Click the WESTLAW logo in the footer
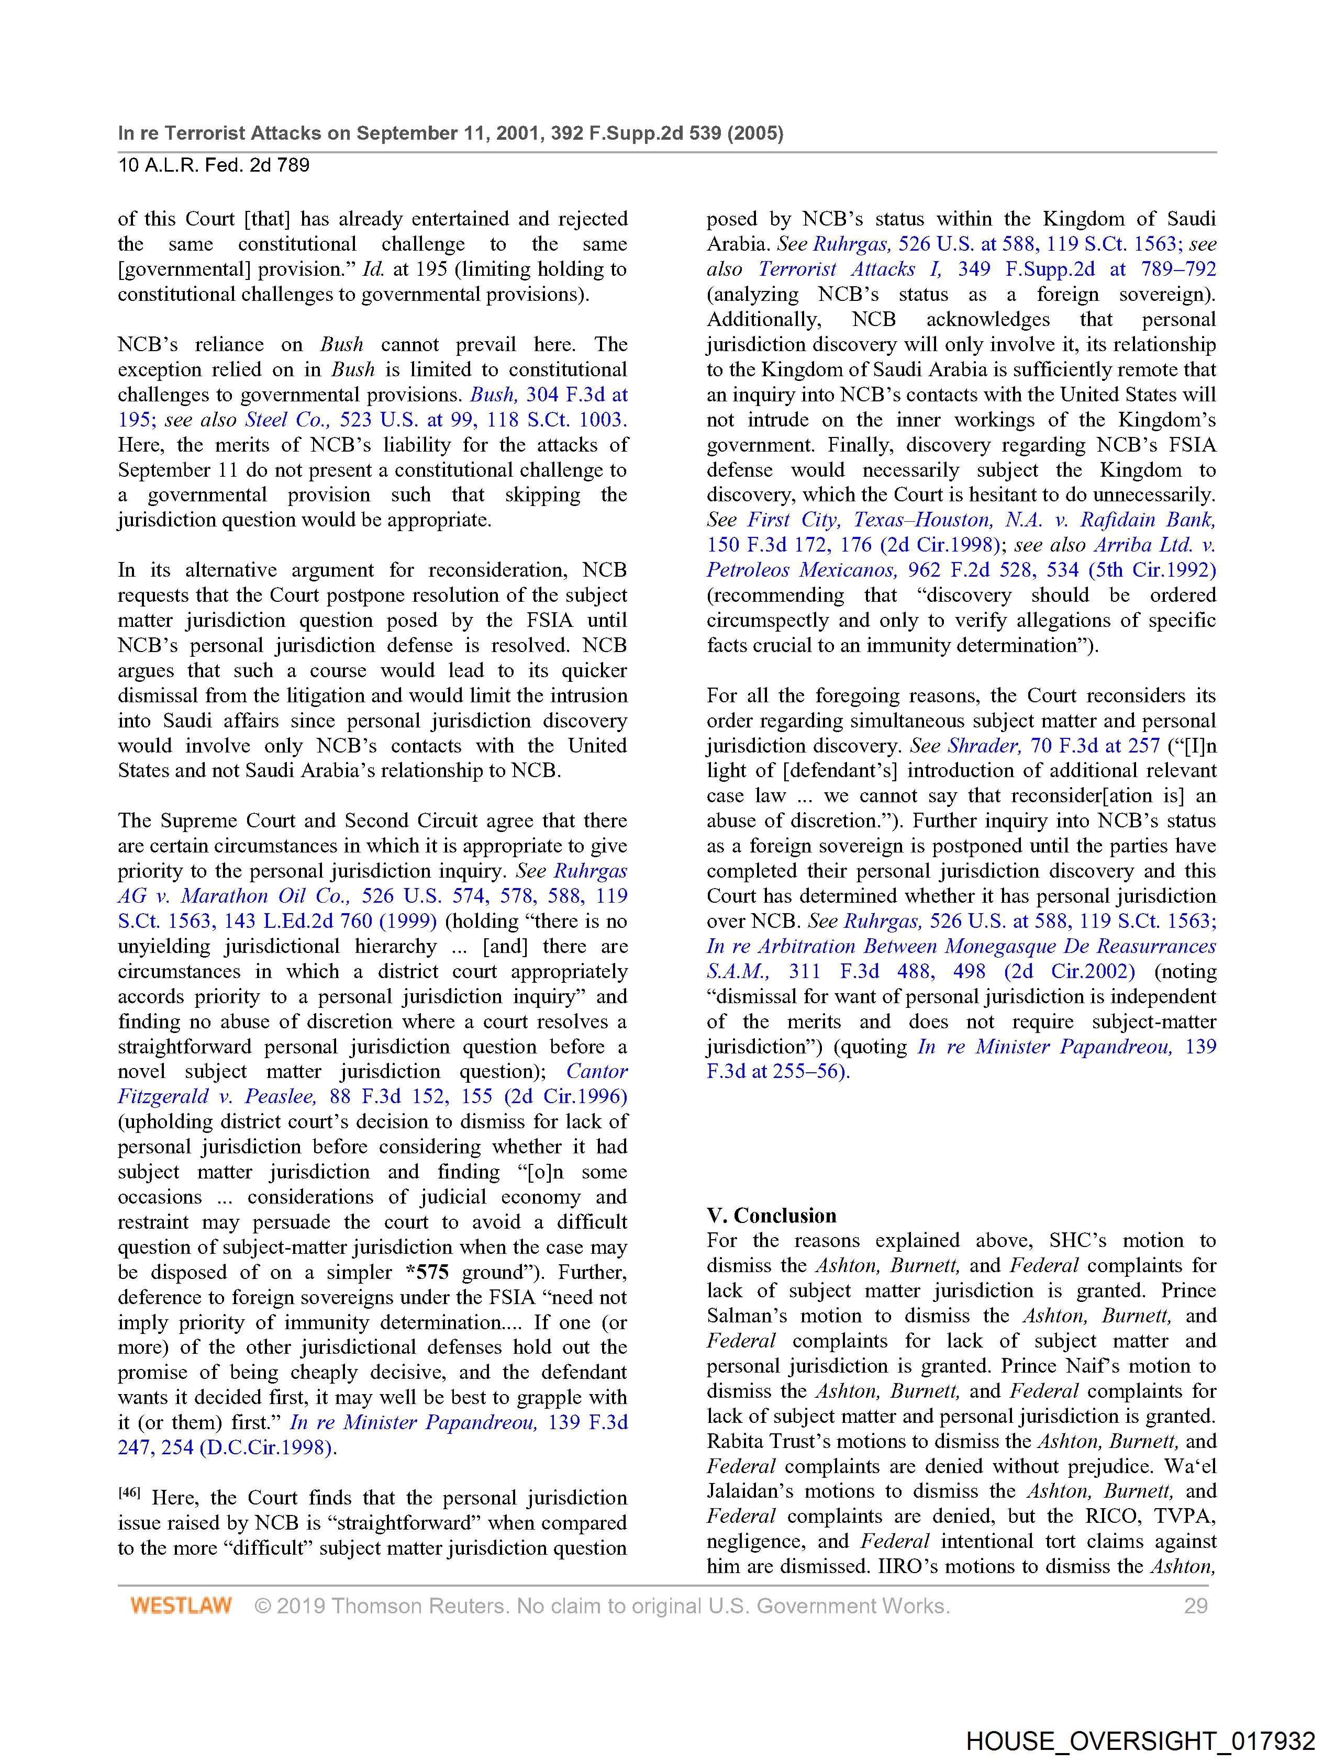(181, 1606)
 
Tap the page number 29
(1195, 1606)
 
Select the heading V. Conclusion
(771, 1216)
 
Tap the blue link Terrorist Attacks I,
(849, 269)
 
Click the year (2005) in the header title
(755, 133)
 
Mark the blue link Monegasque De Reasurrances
(1080, 946)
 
